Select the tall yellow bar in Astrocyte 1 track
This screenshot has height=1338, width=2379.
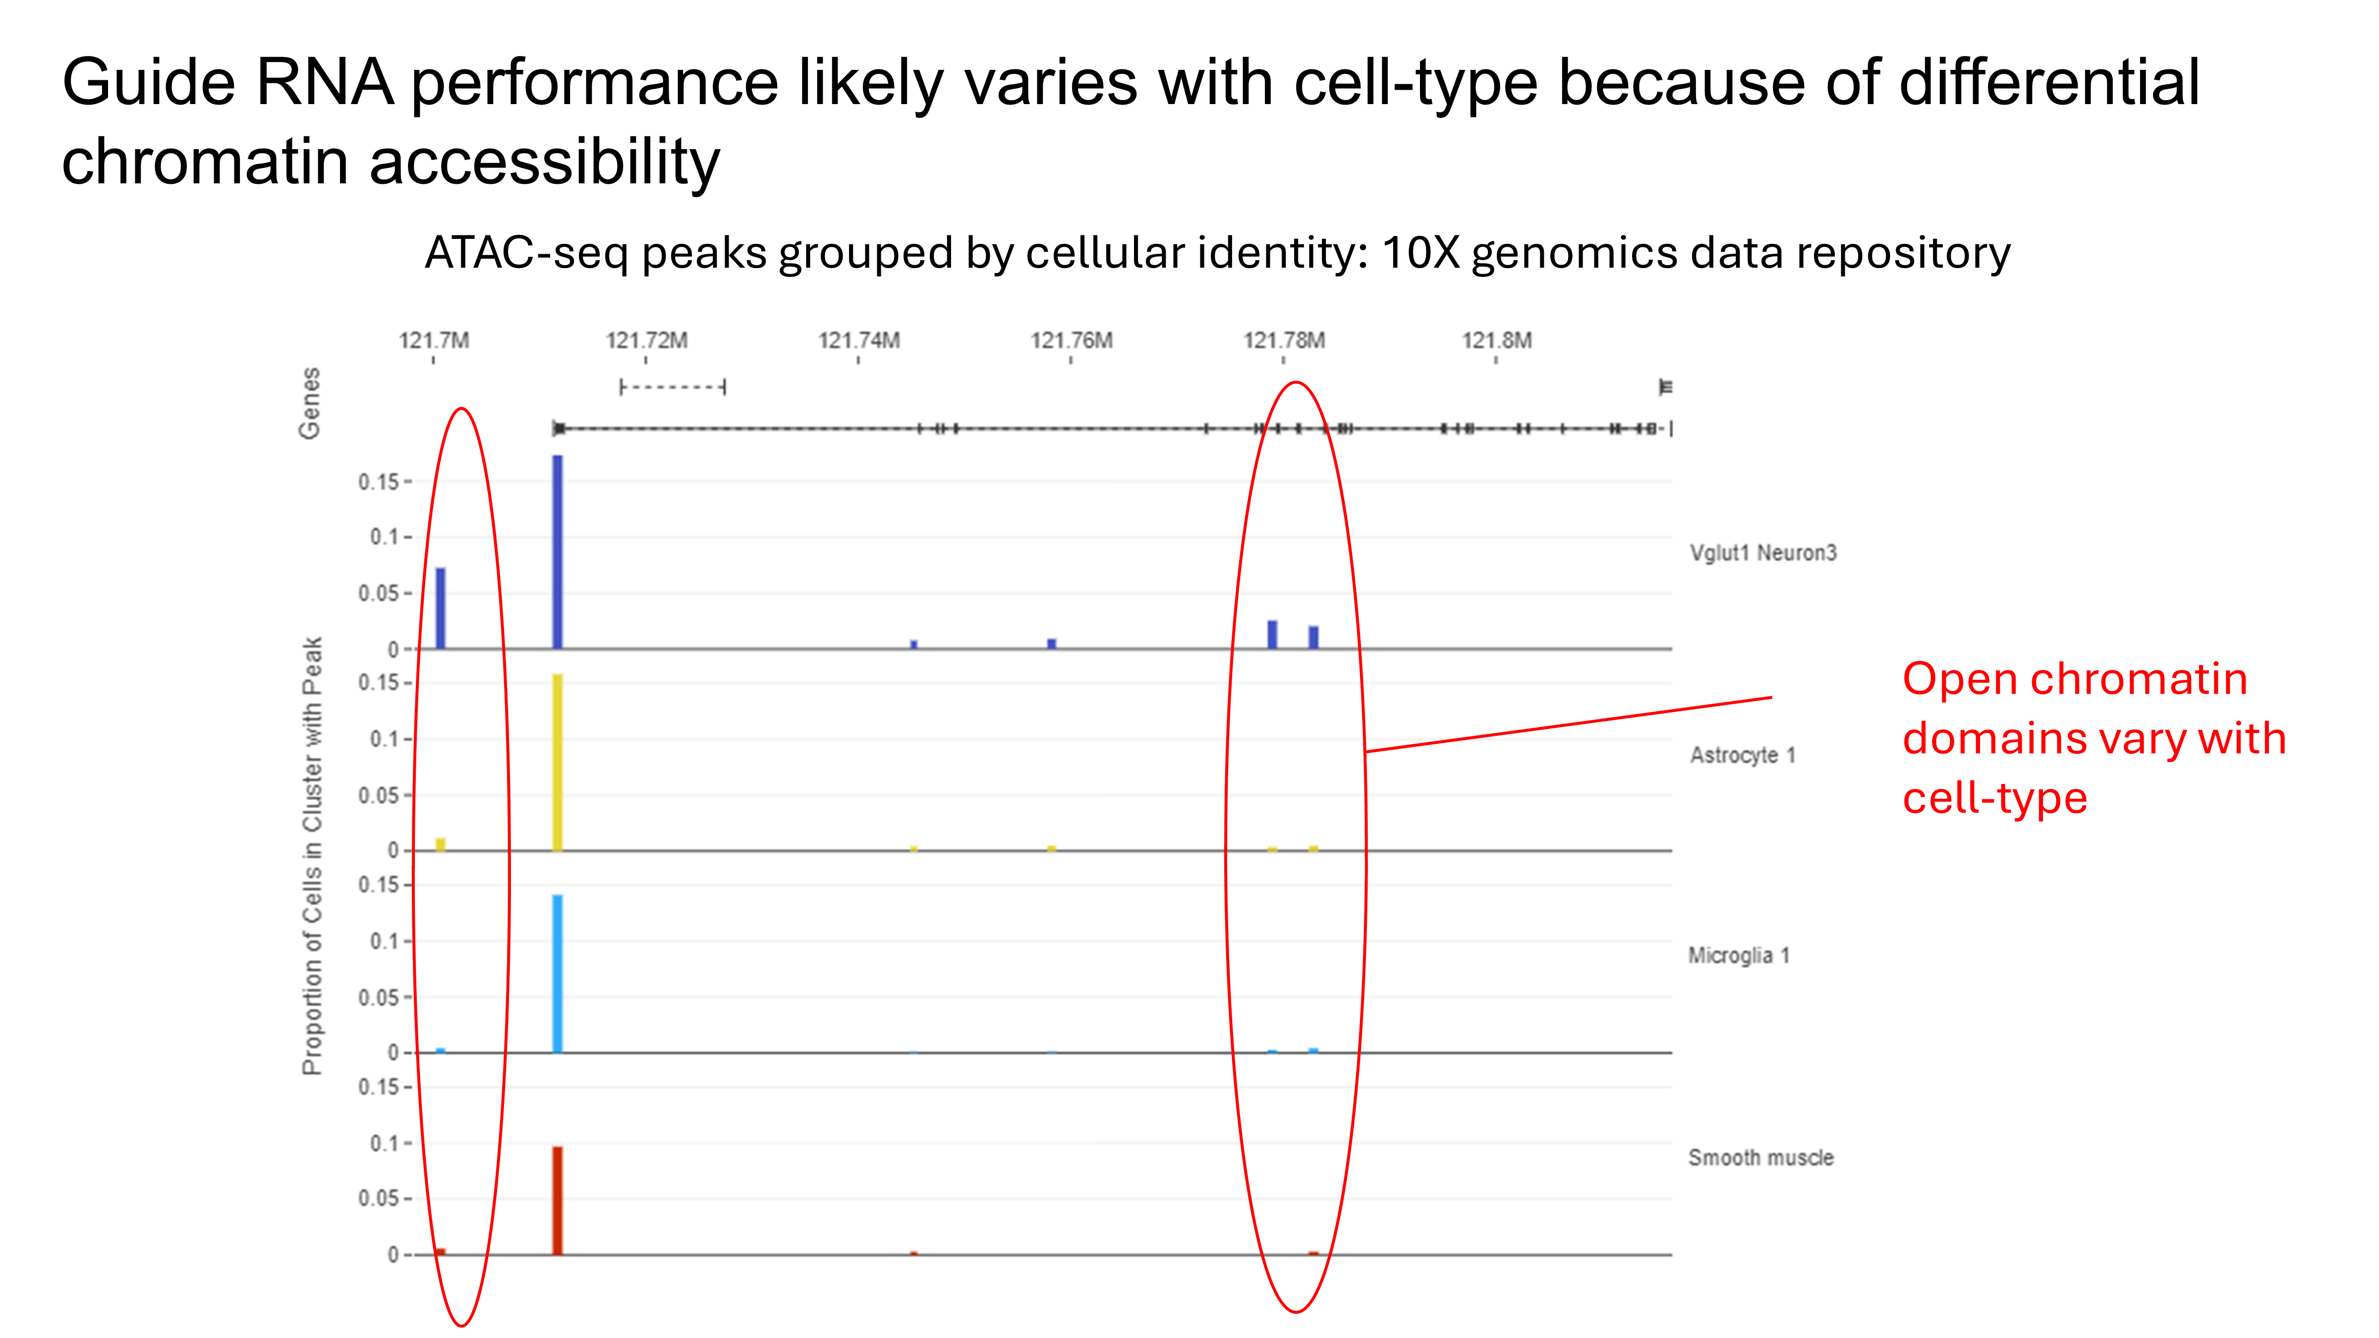pos(557,762)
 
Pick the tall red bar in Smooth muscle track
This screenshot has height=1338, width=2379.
pos(557,1200)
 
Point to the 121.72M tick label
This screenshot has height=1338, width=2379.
pos(646,341)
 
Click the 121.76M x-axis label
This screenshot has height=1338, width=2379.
pos(1071,341)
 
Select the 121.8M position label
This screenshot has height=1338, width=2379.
pos(1496,341)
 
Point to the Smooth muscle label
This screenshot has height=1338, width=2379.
pos(1760,1158)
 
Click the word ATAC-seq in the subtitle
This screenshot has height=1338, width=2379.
pos(526,253)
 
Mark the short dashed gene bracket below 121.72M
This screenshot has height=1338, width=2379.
pos(673,387)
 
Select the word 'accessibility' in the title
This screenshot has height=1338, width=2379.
pos(544,163)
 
